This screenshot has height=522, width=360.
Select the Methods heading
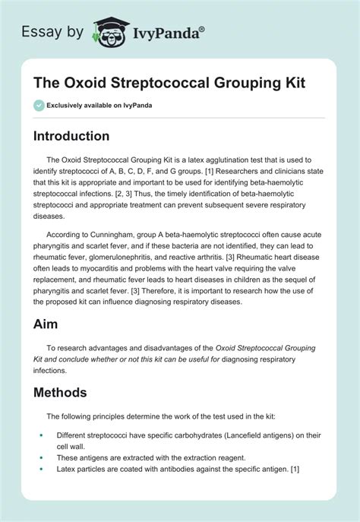66,393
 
